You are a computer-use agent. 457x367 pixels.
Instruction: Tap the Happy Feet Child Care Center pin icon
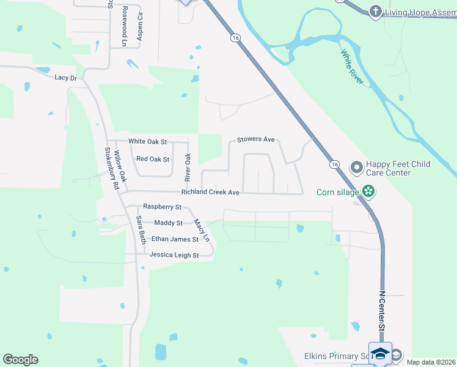(357, 167)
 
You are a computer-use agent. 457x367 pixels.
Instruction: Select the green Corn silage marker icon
(368, 191)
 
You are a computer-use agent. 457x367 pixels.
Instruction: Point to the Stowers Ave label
(256, 139)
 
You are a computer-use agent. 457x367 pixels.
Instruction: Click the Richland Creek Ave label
(210, 192)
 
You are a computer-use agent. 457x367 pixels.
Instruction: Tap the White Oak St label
(147, 142)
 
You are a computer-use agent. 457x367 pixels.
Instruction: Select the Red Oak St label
(152, 159)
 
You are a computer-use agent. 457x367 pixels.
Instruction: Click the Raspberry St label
(162, 207)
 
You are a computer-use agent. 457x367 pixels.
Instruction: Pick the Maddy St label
(168, 223)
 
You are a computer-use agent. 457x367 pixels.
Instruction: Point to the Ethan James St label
(175, 239)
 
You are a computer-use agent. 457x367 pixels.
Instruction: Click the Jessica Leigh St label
(174, 255)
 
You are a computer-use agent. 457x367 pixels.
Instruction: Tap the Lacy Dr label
(65, 78)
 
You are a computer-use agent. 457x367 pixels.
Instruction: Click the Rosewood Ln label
(124, 27)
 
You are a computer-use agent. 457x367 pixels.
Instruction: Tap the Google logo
(20, 360)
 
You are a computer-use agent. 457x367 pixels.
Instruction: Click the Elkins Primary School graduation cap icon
(381, 354)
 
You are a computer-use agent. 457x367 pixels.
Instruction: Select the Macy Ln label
(201, 229)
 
